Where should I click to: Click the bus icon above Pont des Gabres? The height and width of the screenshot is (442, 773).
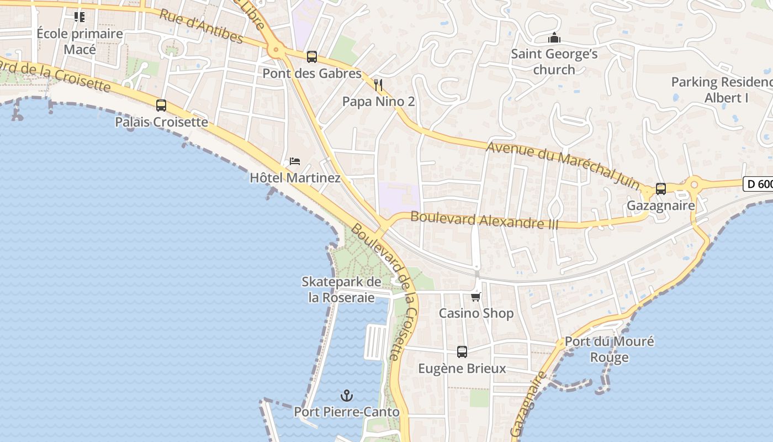312,56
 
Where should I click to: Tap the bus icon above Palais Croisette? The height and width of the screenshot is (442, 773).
161,105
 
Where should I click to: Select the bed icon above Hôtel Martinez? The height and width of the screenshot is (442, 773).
295,161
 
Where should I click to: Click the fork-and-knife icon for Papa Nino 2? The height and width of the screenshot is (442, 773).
378,85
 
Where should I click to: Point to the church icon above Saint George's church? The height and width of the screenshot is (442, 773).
554,38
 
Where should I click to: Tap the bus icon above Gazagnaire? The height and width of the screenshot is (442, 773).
661,189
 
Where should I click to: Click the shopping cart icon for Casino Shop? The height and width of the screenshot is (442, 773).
476,297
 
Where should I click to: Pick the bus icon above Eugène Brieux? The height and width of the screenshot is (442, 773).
462,351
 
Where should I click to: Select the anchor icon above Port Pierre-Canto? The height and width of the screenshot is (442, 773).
347,395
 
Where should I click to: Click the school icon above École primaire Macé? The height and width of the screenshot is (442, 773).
80,17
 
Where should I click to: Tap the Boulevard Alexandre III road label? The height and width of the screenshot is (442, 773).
485,220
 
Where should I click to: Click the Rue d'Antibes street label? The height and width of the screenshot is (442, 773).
201,26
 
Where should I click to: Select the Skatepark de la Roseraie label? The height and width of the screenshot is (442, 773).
341,290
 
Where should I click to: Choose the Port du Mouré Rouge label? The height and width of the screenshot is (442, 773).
609,349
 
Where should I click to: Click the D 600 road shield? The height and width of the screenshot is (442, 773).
758,184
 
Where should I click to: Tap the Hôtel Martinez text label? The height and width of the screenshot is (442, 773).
295,178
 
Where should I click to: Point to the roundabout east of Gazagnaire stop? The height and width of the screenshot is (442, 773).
694,185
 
